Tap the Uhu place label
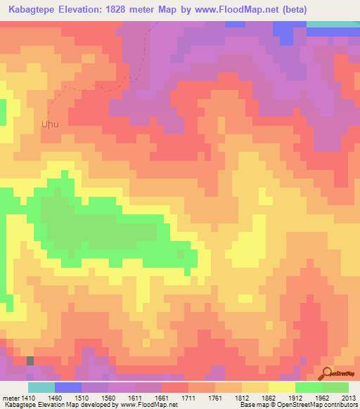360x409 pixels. click(49, 124)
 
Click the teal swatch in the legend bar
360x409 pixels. click(41, 388)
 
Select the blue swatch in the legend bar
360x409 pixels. click(67, 388)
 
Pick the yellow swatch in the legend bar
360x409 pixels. click(281, 388)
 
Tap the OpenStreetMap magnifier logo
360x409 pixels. click(328, 373)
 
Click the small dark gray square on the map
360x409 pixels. click(30, 360)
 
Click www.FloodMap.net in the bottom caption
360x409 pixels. click(144, 404)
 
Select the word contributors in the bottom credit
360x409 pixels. click(340, 404)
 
